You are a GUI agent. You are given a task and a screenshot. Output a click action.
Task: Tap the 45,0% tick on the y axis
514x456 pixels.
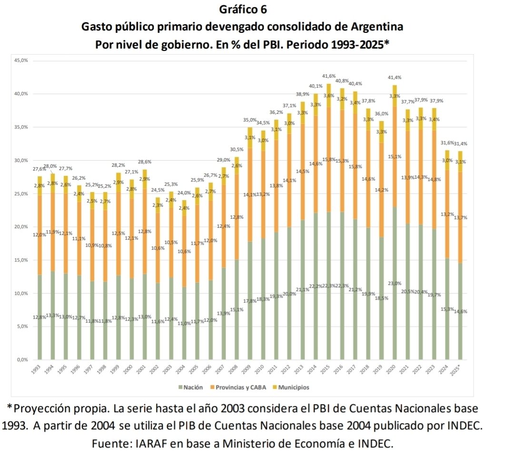(x=22, y=61)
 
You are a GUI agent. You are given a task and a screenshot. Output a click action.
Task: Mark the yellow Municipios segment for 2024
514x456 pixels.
(x=447, y=160)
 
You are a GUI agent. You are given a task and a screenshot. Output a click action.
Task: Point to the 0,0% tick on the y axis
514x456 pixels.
(x=22, y=360)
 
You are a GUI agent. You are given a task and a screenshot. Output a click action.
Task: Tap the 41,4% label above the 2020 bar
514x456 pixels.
(x=395, y=77)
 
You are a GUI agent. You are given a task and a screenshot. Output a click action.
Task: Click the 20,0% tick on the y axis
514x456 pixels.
(x=22, y=227)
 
